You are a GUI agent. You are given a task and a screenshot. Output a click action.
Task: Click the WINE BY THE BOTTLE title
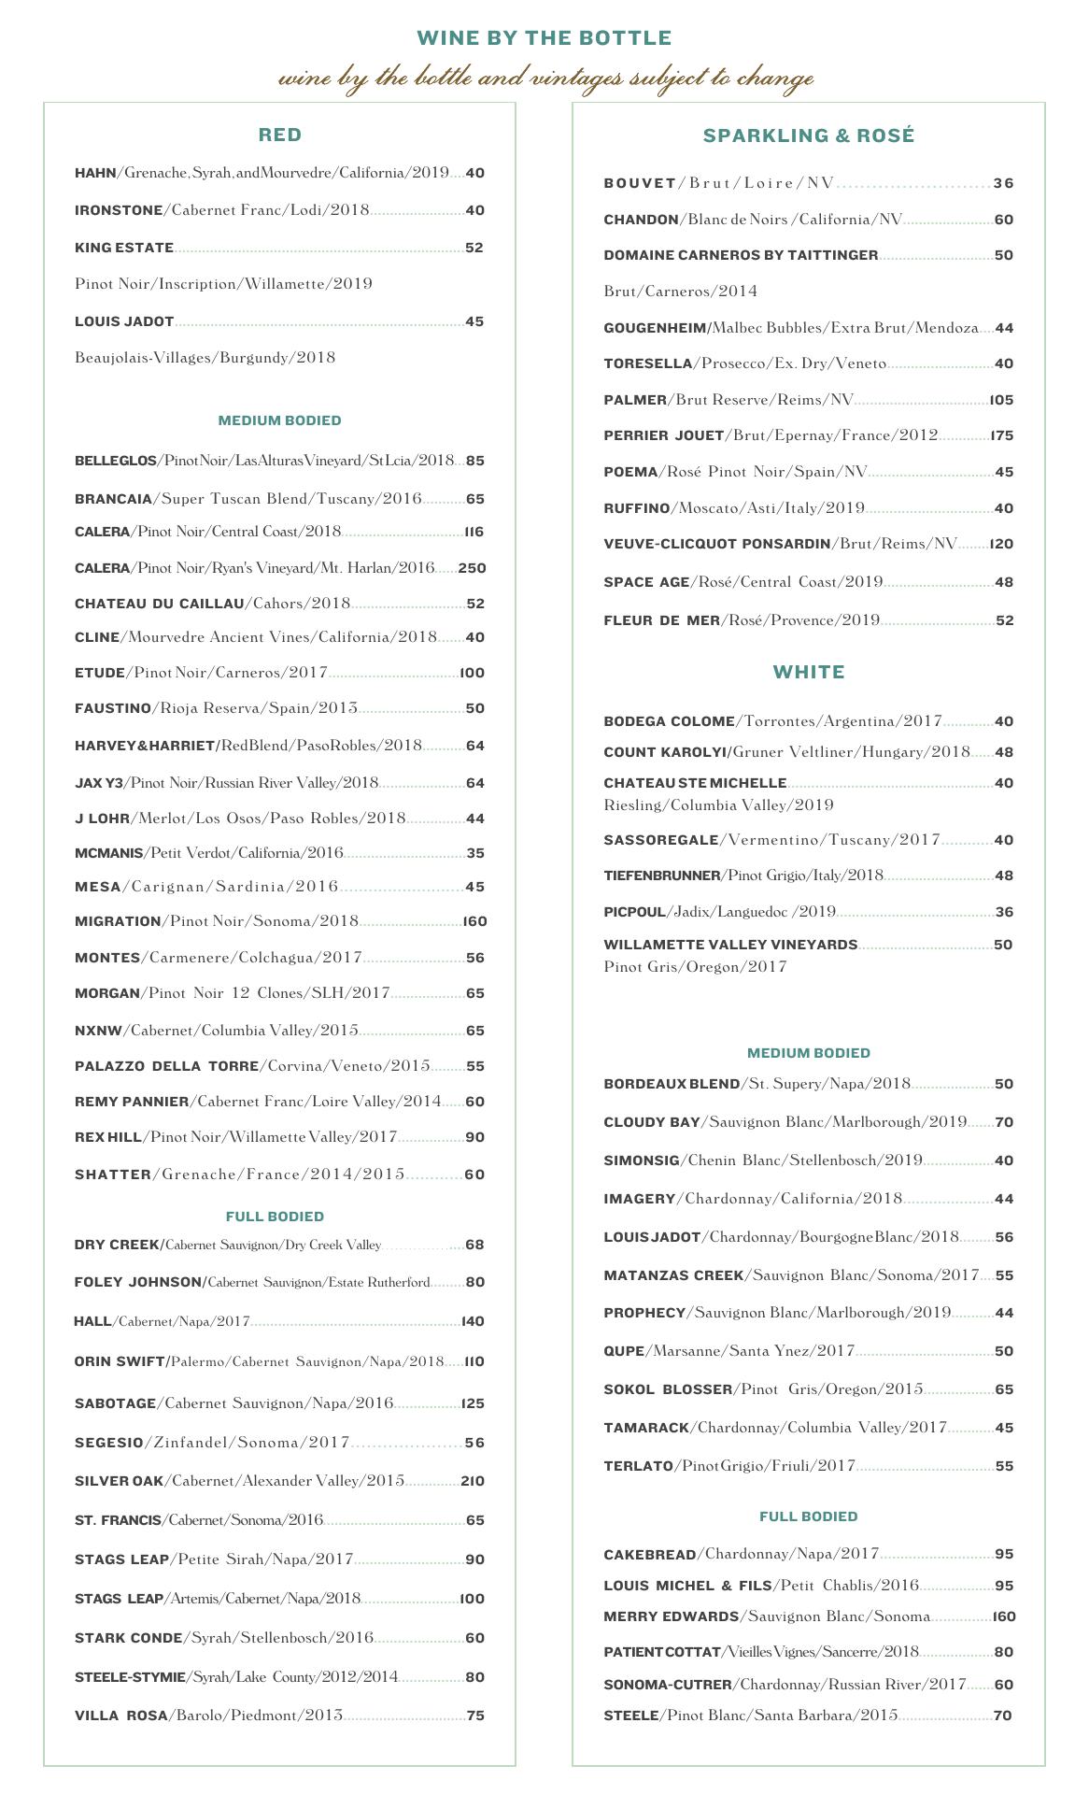coord(544,38)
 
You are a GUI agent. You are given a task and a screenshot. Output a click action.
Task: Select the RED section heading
coord(280,135)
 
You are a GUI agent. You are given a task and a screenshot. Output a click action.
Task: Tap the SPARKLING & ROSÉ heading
coord(808,136)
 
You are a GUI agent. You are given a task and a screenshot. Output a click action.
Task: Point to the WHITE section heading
coord(809,673)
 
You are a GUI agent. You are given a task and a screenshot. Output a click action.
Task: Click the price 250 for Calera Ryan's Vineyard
coord(472,568)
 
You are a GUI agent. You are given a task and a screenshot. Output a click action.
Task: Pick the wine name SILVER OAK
coord(120,1481)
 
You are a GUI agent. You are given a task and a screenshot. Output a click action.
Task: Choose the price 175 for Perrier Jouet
coord(1002,436)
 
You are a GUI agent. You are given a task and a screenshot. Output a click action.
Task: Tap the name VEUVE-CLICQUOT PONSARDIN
coord(716,544)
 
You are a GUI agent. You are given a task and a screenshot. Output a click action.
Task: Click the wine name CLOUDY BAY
coord(650,1122)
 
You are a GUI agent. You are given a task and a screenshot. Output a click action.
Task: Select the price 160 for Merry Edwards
coord(1003,1616)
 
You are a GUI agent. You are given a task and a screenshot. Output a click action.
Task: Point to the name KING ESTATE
coord(124,248)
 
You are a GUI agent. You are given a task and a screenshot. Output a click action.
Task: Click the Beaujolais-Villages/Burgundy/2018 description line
coord(205,358)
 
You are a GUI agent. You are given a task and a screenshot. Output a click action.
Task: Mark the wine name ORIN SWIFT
coord(120,1361)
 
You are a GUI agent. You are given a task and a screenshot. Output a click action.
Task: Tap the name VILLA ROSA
coord(120,1716)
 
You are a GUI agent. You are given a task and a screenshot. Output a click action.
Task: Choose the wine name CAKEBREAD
coord(650,1555)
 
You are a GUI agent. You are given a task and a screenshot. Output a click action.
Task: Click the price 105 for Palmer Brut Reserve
coord(1001,400)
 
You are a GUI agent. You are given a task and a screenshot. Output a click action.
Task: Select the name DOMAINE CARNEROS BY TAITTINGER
coord(741,255)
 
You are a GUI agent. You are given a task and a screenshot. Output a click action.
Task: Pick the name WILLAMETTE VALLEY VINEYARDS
coord(730,945)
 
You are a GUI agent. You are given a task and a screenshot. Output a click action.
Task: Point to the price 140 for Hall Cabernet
coord(473,1321)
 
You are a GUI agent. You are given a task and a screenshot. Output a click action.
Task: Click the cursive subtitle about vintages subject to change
coord(545,78)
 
